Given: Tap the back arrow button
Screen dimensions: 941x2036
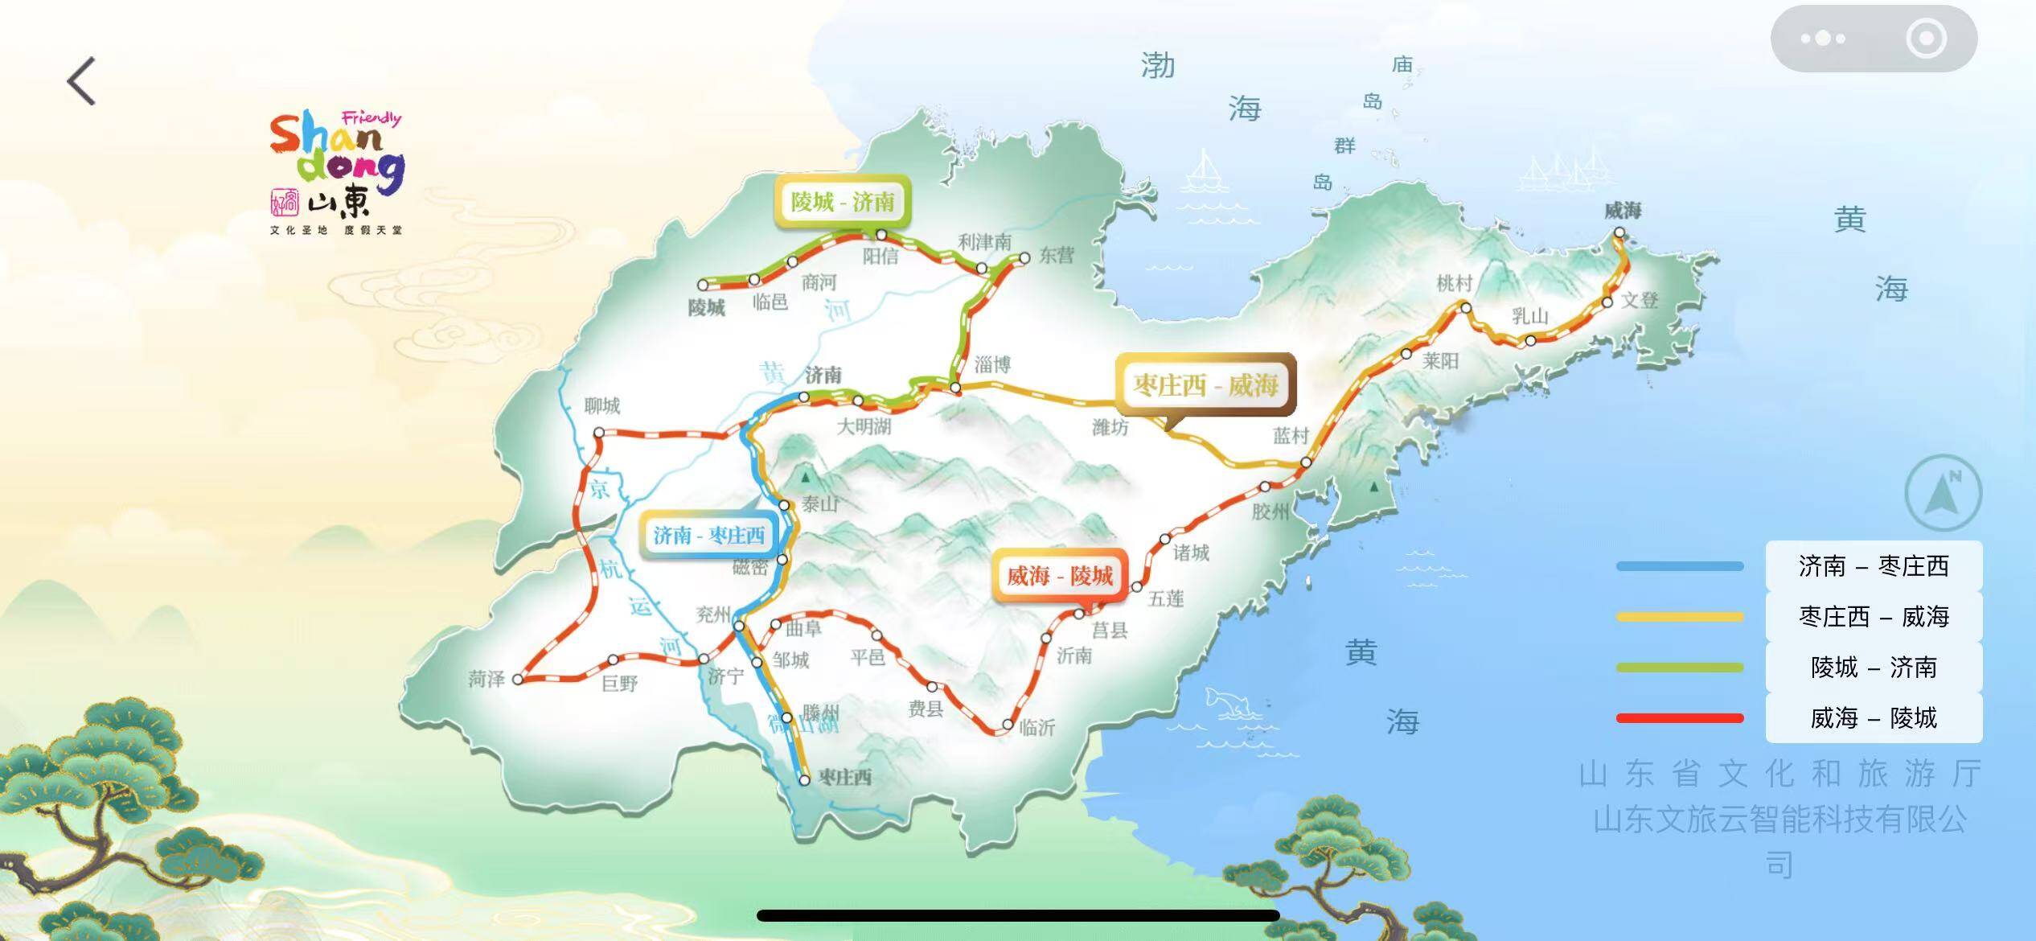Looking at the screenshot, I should (81, 80).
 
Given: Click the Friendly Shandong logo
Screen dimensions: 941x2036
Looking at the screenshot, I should (337, 172).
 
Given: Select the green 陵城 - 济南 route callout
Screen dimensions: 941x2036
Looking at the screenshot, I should (842, 201).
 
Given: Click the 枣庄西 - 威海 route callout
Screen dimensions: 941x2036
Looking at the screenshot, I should (1205, 385).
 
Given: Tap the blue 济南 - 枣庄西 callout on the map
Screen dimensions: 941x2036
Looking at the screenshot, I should (708, 535).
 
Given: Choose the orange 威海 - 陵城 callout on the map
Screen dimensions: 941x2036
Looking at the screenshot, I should (1059, 576).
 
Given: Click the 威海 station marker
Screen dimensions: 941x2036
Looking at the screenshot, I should (1619, 233).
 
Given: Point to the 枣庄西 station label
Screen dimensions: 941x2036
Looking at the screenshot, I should (844, 777).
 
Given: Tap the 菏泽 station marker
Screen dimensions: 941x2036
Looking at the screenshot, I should (518, 680).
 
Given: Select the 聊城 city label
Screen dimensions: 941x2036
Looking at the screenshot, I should (601, 405).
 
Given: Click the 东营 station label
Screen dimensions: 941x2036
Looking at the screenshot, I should (1056, 255).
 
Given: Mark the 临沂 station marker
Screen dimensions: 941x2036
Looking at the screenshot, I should (1008, 725).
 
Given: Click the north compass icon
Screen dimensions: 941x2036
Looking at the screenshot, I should (1943, 492).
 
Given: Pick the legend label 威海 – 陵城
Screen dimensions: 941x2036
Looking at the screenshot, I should (1874, 717).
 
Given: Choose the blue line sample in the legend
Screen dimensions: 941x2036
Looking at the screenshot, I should (1680, 566).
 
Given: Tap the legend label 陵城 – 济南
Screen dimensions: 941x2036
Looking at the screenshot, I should (1874, 667).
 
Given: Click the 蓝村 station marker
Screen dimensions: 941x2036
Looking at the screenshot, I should (1306, 462).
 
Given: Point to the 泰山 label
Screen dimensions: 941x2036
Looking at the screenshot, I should (819, 504).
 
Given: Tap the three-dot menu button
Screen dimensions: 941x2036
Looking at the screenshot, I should (1823, 39).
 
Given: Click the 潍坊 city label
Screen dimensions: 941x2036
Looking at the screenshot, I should (1110, 427).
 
